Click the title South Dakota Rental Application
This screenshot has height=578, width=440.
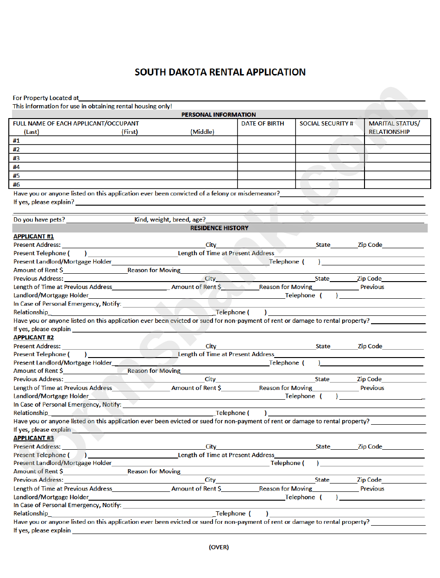[220, 72]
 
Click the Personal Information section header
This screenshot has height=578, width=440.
[218, 114]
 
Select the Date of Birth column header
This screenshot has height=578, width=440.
[263, 124]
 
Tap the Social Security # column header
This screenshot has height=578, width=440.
[326, 124]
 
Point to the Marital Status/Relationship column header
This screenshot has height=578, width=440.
[394, 127]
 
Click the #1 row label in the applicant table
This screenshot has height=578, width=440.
[17, 140]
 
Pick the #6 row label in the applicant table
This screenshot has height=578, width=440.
[17, 184]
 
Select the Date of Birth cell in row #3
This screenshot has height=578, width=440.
[266, 158]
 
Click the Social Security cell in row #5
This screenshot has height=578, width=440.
[330, 176]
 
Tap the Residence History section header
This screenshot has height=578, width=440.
[219, 228]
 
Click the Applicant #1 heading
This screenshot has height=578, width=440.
[33, 237]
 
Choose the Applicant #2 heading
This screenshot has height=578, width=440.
[33, 338]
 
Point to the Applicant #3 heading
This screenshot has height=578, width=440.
[33, 438]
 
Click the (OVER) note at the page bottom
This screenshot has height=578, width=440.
[219, 547]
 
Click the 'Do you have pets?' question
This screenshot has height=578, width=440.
[39, 220]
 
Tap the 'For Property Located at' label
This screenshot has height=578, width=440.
[45, 98]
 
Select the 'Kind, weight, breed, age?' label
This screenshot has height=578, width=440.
[170, 220]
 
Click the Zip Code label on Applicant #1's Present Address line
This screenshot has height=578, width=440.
[370, 245]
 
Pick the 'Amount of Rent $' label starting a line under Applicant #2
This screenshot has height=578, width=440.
[38, 371]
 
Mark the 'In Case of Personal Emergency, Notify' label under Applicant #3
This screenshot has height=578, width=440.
[67, 505]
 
